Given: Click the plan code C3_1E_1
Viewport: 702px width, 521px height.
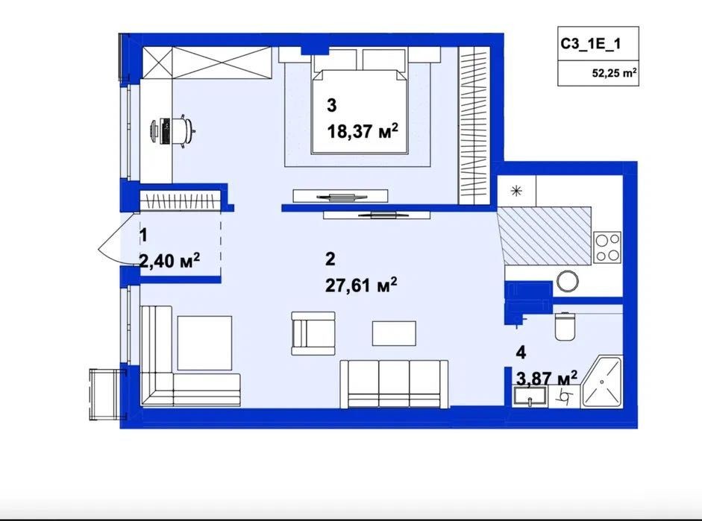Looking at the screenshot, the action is (591, 44).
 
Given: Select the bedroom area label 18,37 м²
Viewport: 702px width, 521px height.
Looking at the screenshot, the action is (363, 131).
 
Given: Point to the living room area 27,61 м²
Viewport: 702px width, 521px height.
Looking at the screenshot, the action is (361, 285).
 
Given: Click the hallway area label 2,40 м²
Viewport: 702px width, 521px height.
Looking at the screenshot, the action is (169, 260).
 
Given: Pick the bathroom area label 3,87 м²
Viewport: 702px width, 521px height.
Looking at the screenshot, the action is (547, 379).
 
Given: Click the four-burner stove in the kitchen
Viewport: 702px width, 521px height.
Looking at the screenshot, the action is (607, 247).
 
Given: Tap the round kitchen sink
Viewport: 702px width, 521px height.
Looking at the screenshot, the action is (568, 281).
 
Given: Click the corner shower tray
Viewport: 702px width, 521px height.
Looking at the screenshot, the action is (602, 383).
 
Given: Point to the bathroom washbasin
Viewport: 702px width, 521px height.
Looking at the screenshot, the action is (530, 397).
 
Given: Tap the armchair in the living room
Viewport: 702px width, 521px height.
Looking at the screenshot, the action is (313, 334).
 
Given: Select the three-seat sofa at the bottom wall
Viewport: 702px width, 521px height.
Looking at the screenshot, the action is (394, 384).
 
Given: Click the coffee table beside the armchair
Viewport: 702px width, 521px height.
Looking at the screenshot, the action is (394, 333).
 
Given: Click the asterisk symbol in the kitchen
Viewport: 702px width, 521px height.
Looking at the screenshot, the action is (517, 192).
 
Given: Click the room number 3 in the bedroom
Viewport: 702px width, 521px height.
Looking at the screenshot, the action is (332, 106).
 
